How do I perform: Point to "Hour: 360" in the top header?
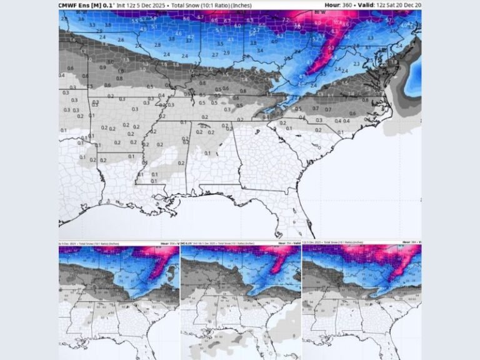click(338, 5)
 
